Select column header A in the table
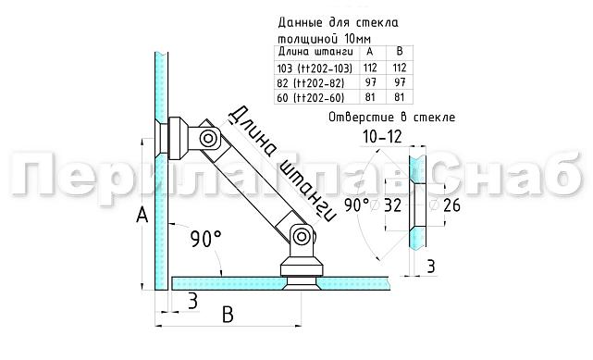[367, 52]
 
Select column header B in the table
[400, 52]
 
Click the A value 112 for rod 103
[367, 68]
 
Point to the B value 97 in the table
[400, 82]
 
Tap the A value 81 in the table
[367, 97]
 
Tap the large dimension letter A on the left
[142, 217]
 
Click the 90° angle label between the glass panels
[205, 240]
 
